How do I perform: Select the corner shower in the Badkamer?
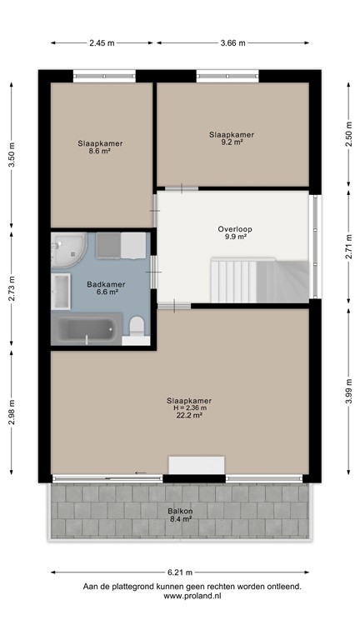67,249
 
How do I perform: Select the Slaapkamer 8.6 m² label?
101,147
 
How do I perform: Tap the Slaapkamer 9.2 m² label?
231,137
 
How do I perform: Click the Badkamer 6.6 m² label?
102,287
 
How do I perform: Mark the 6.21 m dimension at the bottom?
180,572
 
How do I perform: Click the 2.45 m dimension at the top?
102,42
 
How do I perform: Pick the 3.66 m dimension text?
232,42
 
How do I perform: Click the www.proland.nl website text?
191,596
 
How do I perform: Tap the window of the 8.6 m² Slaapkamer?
104,77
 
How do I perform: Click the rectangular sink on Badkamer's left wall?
61,291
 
